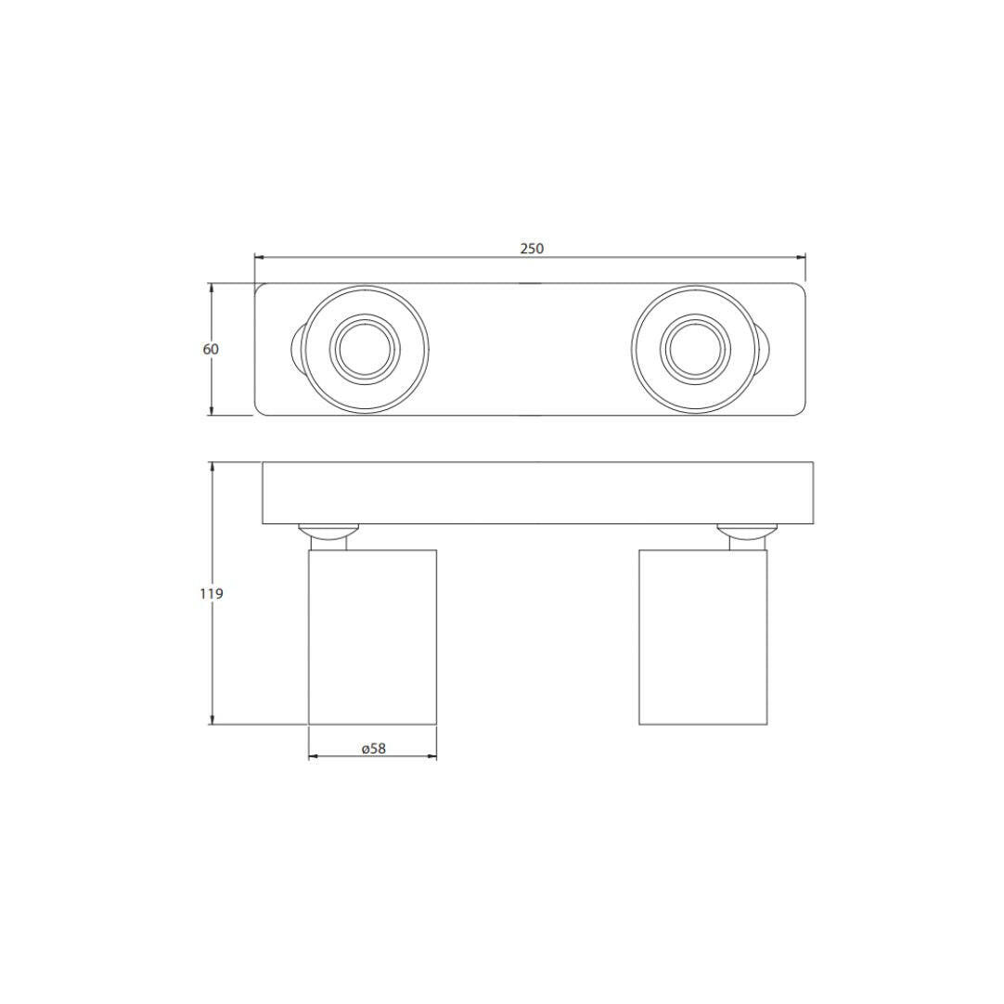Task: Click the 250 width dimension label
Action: tap(532, 249)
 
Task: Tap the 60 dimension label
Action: tap(211, 349)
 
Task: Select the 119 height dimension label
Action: tap(212, 594)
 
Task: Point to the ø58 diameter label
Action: tap(373, 748)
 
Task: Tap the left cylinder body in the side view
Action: tap(373, 637)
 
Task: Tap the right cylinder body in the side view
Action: tap(703, 637)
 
